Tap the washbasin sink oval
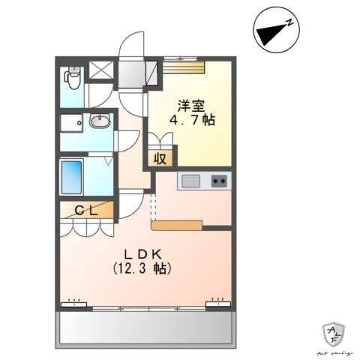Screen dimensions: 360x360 tap(99, 120)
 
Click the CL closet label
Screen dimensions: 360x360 tap(85, 211)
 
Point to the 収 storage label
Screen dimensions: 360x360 tap(160, 157)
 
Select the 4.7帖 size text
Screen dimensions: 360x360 tap(192, 120)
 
